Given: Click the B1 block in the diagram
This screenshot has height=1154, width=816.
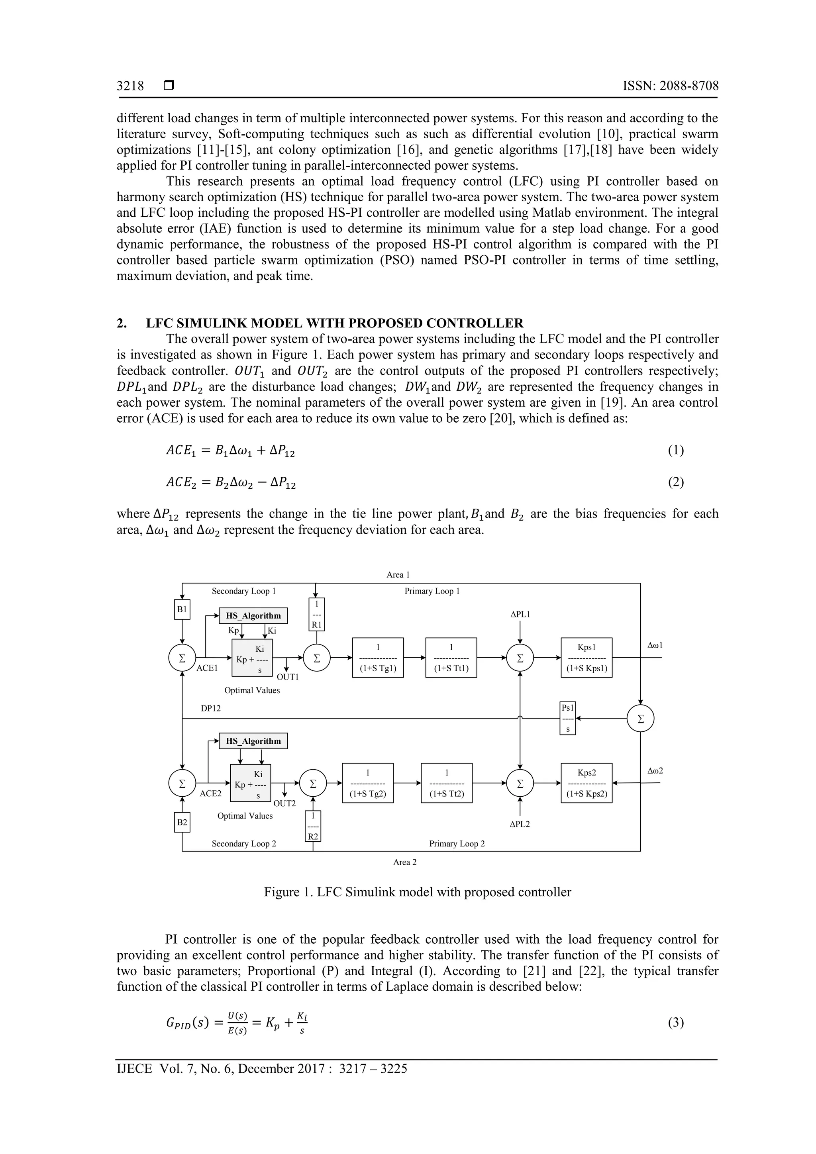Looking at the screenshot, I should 182,609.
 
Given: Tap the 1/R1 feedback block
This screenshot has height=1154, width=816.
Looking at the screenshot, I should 316,614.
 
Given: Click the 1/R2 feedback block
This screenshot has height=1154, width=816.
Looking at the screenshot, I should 313,826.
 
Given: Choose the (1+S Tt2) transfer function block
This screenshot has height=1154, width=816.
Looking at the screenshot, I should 447,783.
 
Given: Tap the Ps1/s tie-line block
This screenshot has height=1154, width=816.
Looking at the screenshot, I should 568,718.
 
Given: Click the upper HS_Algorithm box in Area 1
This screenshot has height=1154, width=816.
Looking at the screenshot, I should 253,616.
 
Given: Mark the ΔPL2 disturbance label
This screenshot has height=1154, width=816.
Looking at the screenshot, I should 520,824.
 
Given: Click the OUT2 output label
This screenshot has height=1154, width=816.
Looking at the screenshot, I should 284,803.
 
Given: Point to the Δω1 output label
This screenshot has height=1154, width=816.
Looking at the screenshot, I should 655,645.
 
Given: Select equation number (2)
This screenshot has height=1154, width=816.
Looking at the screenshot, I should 676,482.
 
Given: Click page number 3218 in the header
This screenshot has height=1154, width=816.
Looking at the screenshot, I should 130,86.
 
